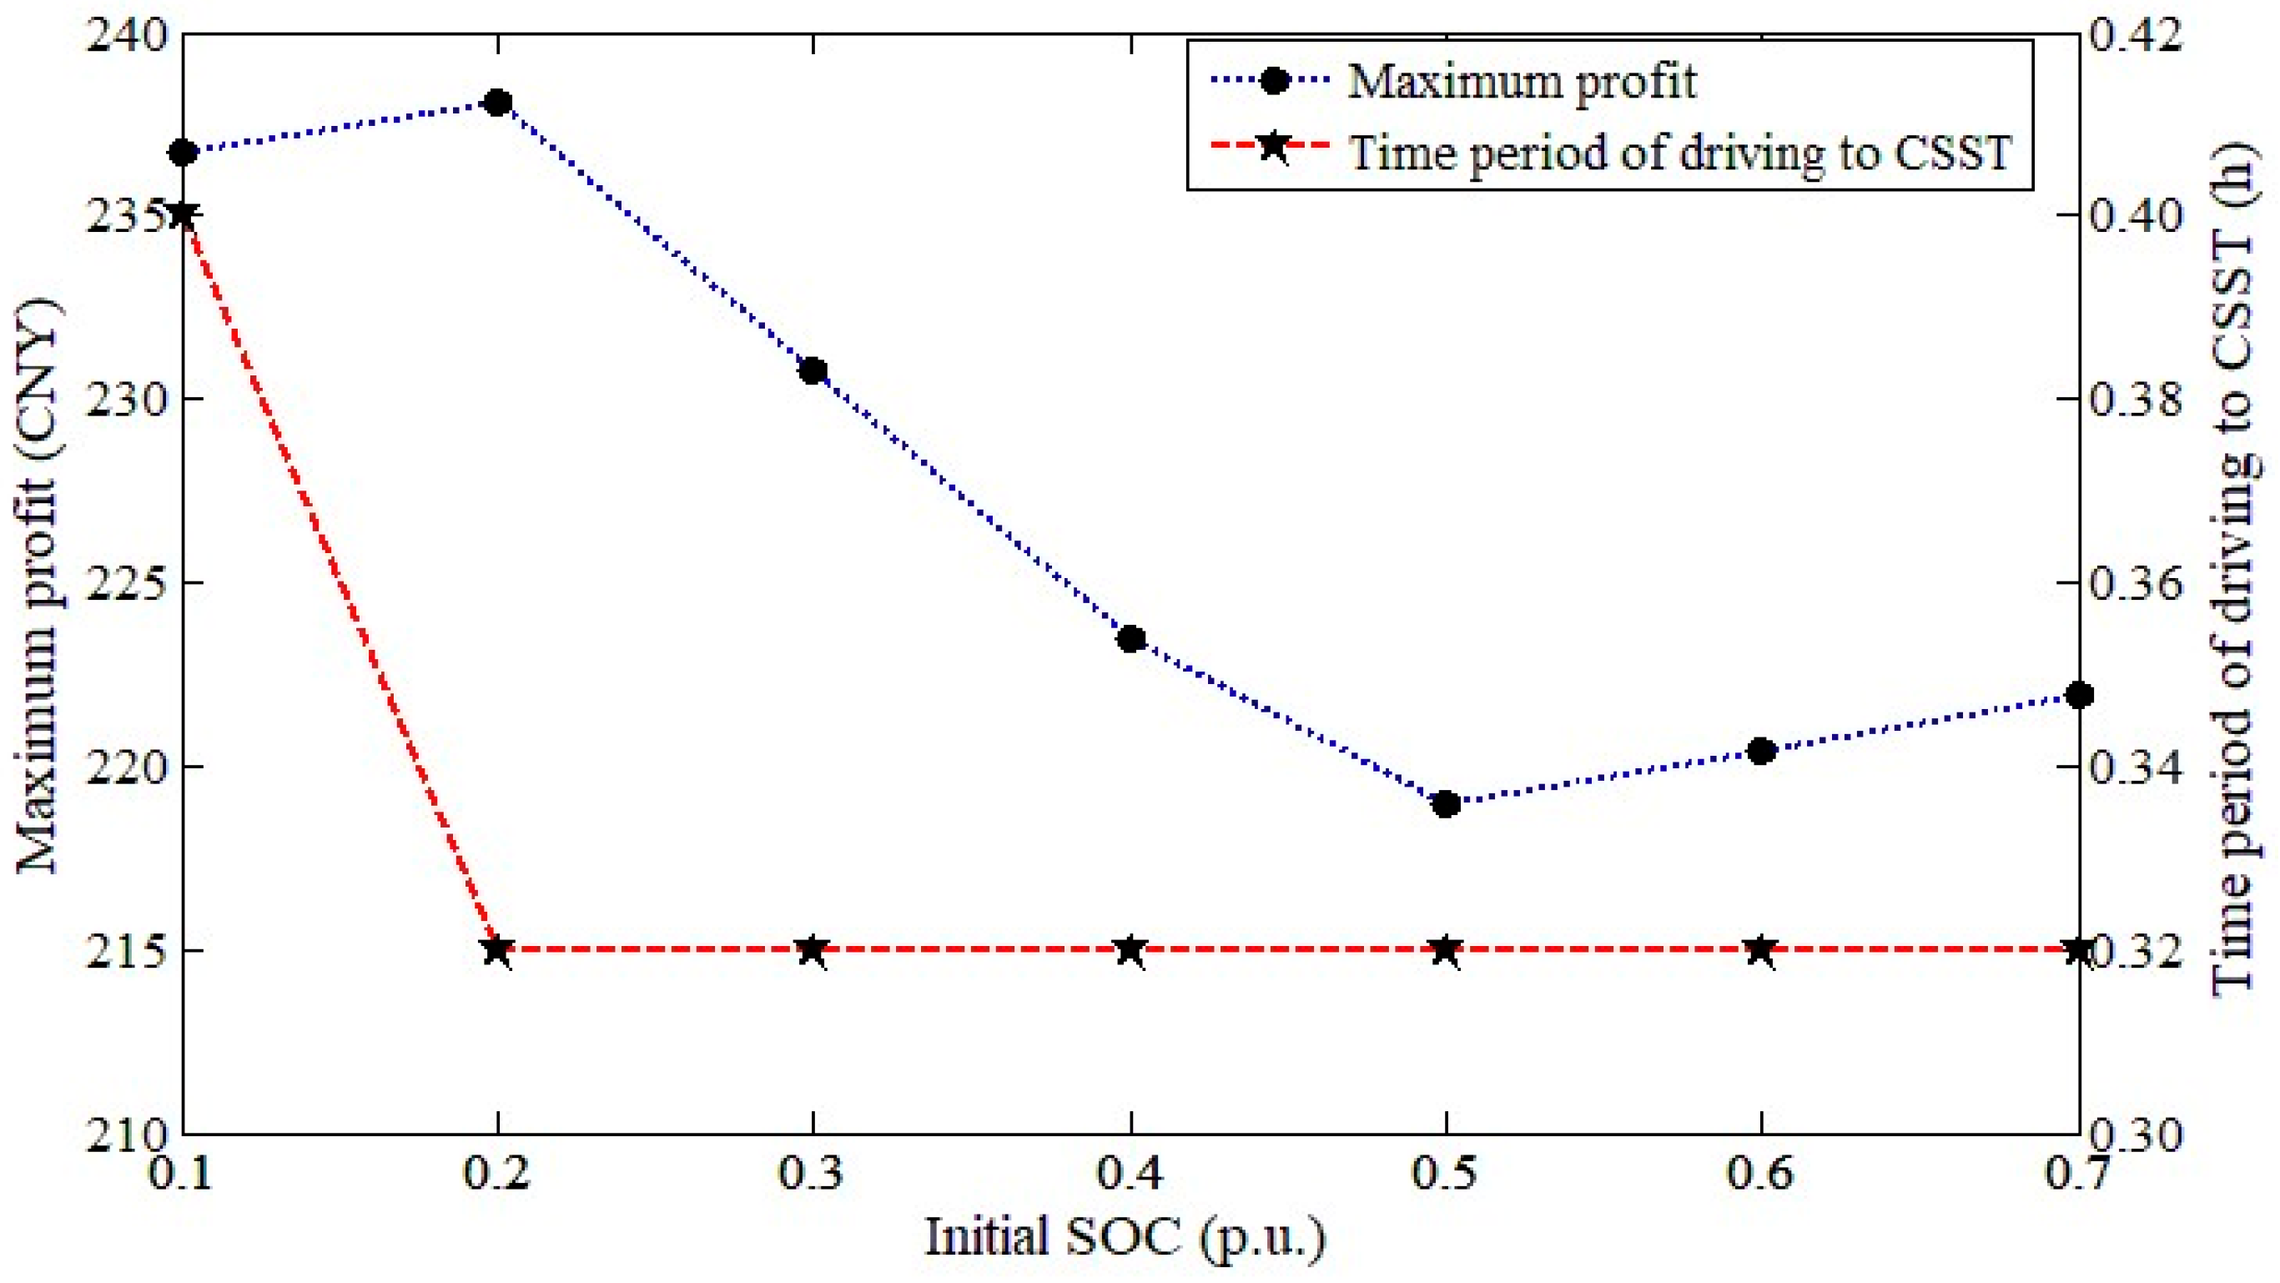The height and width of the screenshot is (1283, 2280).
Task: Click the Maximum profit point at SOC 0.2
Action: pyautogui.click(x=498, y=103)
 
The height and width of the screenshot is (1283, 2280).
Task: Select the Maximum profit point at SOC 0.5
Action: pyautogui.click(x=1447, y=804)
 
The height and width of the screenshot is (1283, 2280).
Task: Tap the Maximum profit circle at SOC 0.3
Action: pyautogui.click(x=813, y=370)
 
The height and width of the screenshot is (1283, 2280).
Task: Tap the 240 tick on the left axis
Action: pyautogui.click(x=125, y=38)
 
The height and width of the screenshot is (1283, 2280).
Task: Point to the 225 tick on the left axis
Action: pyautogui.click(x=125, y=583)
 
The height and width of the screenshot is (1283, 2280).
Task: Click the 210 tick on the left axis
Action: pyautogui.click(x=125, y=1135)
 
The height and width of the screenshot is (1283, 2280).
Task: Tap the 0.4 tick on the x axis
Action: pyautogui.click(x=1130, y=1173)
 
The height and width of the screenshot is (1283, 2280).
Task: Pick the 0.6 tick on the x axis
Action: pyautogui.click(x=1761, y=1173)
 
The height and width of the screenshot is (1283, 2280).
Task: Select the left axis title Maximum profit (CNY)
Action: pyautogui.click(x=38, y=584)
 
